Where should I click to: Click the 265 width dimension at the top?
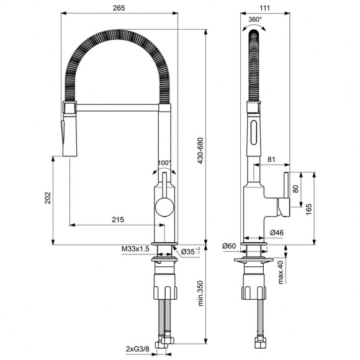tap(120, 8)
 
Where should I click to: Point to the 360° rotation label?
tap(254, 19)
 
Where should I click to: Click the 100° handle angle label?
tap(164, 163)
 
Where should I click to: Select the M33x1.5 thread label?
tap(135, 250)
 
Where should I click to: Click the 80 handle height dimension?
tap(296, 189)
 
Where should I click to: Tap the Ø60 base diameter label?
tap(228, 246)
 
